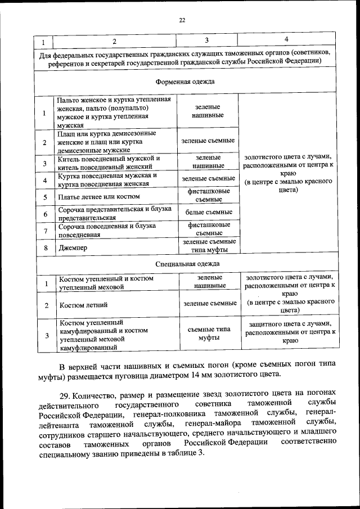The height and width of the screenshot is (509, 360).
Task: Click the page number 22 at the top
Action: (x=182, y=21)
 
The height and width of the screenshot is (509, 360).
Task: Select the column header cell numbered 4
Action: (x=286, y=40)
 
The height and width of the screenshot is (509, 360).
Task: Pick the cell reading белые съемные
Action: (x=209, y=212)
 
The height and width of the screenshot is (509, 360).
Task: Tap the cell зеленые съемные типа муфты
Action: (x=209, y=245)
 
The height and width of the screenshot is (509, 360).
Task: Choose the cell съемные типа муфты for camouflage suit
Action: (x=209, y=335)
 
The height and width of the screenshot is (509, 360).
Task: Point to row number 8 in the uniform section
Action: (x=44, y=247)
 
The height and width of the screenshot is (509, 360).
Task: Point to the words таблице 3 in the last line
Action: (x=175, y=454)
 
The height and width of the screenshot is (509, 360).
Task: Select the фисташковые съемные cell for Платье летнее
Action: (x=209, y=196)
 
